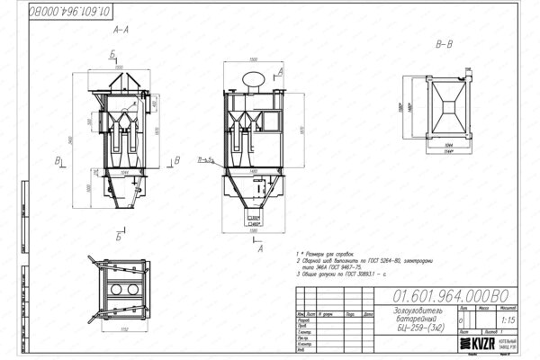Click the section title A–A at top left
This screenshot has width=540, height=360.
120,30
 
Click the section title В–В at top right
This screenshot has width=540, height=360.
444,44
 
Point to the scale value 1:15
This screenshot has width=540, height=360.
510,318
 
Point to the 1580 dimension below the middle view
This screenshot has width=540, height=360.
255,231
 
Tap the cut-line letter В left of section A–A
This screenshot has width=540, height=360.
57,161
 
